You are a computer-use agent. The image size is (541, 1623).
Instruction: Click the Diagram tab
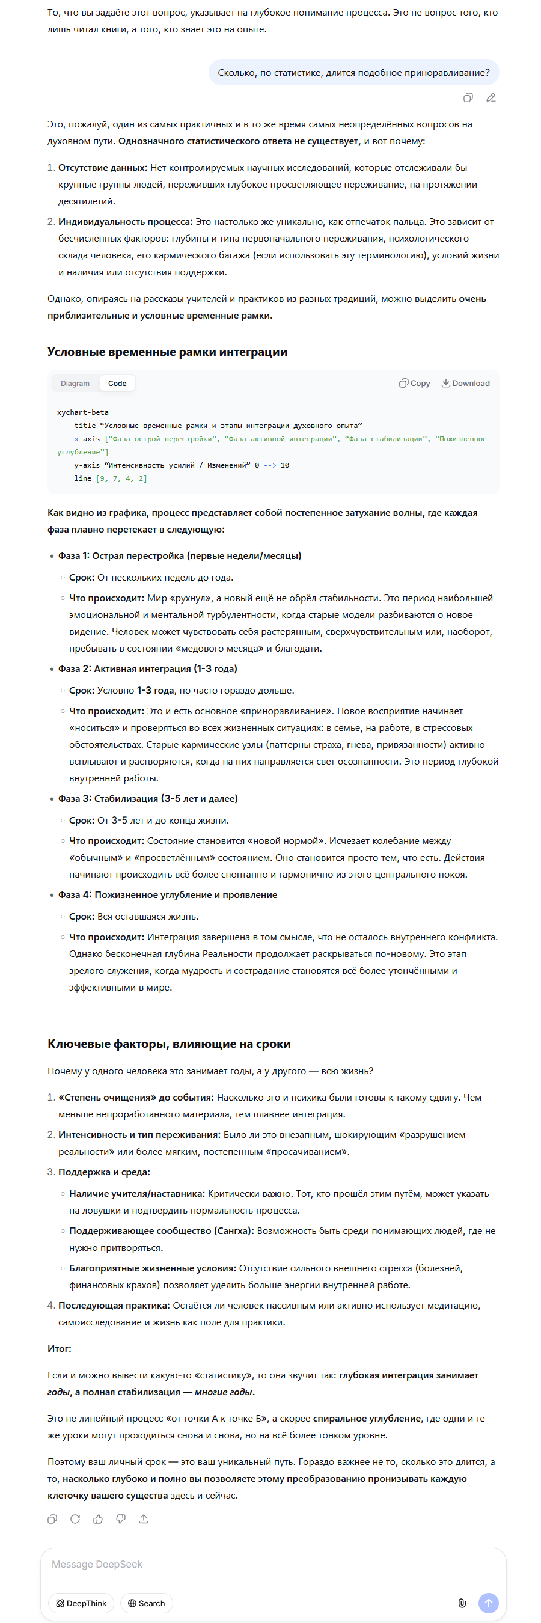(x=75, y=383)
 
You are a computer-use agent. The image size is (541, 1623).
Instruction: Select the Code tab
(x=117, y=383)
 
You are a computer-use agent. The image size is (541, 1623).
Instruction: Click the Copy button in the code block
(x=414, y=383)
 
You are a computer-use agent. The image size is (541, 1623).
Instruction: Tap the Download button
(x=465, y=383)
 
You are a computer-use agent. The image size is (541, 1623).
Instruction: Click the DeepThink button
(x=81, y=1603)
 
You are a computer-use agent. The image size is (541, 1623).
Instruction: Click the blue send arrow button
(x=488, y=1603)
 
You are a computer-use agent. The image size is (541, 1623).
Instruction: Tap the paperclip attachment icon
(x=462, y=1603)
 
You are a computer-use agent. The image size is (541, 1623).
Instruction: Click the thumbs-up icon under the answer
(x=98, y=1519)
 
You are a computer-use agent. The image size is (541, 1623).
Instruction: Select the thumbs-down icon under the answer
(x=121, y=1519)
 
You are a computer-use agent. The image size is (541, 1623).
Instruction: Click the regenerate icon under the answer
(x=75, y=1519)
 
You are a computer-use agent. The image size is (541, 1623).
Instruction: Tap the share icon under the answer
(x=144, y=1519)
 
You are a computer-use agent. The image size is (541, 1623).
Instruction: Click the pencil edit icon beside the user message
(x=491, y=97)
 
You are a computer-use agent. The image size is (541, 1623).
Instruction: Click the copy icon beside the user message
(x=468, y=97)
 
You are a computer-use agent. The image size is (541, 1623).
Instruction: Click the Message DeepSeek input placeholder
(x=97, y=1565)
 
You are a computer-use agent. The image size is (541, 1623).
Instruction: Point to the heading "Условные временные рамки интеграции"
(x=167, y=352)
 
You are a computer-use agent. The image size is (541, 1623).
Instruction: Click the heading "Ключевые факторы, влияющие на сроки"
(x=169, y=1044)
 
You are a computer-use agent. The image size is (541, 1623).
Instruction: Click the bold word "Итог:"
(x=59, y=1349)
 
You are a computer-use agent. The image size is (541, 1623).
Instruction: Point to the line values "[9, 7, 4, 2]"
(x=121, y=479)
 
